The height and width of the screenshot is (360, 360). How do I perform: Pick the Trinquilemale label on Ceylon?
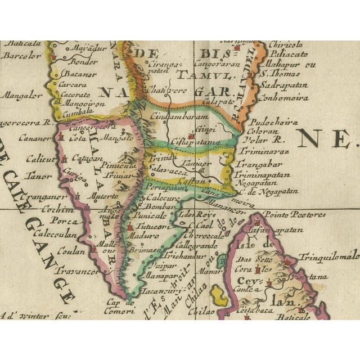click(335, 255)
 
